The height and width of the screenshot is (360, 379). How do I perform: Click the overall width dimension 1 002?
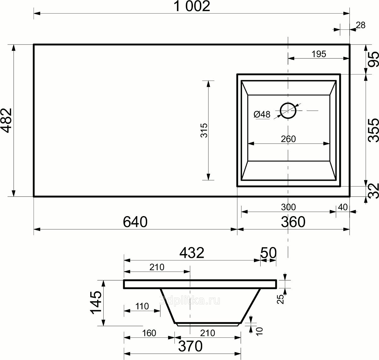click(x=192, y=6)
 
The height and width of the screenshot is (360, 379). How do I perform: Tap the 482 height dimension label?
click(x=7, y=121)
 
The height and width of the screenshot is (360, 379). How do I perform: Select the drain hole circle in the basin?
click(x=288, y=110)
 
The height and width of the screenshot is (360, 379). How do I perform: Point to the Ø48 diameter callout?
click(x=262, y=115)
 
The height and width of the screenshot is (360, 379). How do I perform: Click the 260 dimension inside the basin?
click(x=288, y=139)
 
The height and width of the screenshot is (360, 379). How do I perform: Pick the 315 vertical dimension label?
click(x=204, y=130)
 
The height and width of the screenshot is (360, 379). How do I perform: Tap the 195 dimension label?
click(x=319, y=54)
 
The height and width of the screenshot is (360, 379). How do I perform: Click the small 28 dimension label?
click(x=360, y=25)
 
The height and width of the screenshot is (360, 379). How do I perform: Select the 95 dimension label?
click(x=373, y=59)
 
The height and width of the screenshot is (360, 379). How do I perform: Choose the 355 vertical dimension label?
click(x=373, y=130)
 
